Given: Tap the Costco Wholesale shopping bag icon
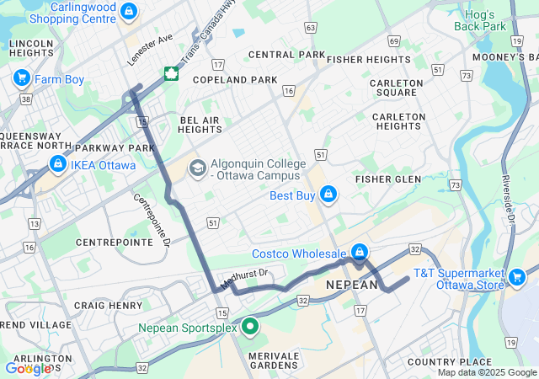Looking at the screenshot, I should pos(360,253).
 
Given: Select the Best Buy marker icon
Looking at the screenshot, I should pos(328,195).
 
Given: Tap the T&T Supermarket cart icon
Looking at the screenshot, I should pos(517,276).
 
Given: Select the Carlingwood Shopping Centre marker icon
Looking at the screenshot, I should pos(128,12).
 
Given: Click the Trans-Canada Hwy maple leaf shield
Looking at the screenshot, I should pos(171,73).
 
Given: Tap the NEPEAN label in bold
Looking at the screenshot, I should pos(352,286).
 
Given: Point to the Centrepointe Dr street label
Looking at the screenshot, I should pos(152,220).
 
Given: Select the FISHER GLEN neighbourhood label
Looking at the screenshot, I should pos(388,179).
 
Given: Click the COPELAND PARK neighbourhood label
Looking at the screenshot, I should pos(235,80).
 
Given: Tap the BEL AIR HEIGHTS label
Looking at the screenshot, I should pos(200,125).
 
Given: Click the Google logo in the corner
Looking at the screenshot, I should pos(28,368).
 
